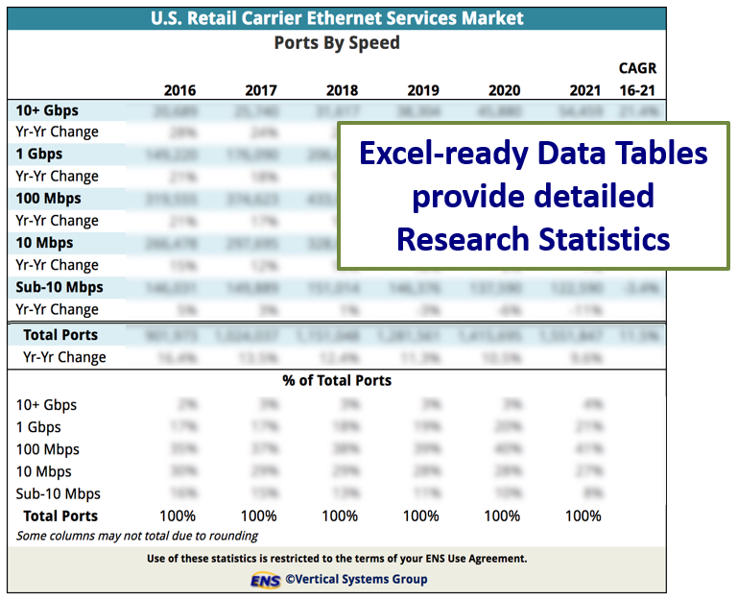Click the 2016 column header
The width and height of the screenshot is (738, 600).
pos(179,90)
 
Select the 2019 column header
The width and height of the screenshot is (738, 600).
pos(423,90)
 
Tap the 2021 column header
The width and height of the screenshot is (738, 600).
pos(584,90)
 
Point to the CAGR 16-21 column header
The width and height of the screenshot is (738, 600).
pos(637,80)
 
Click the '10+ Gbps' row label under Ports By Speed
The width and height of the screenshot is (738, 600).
pos(48,109)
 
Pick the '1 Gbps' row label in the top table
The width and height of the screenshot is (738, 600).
pos(39,154)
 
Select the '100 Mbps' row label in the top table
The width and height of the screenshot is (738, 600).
pos(49,199)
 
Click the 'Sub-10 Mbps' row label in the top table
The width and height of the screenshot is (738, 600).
pos(60,287)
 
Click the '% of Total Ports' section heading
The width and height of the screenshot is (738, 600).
pos(337,380)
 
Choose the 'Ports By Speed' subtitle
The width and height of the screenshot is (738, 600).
pos(337,43)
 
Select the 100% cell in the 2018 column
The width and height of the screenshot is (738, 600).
pos(340,516)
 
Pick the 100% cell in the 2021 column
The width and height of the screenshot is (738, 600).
pos(583,516)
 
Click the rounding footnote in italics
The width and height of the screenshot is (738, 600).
pos(137,536)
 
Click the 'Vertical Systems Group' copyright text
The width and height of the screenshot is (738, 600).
pos(360,579)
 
